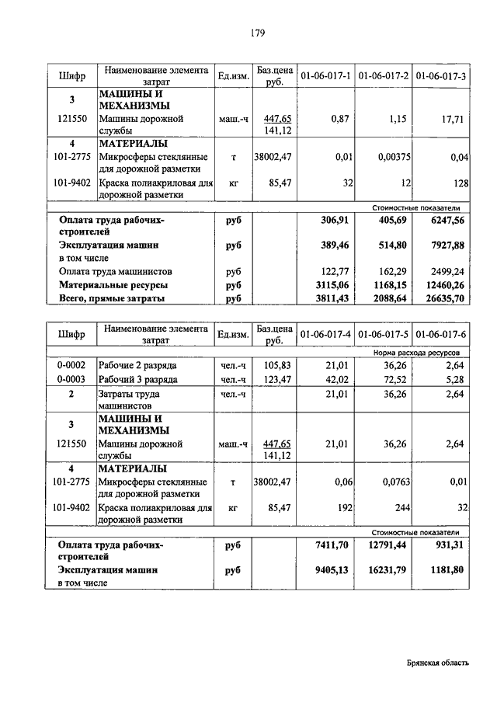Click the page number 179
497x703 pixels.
pos(259,33)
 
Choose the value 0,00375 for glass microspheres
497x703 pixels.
pos(394,157)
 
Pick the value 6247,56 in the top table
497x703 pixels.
pos(446,220)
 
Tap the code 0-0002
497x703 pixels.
pos(71,365)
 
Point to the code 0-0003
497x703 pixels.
pos(71,379)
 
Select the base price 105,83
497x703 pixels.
pos(276,365)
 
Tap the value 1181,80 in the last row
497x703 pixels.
pos(448,569)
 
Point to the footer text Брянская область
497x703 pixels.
pos(437,662)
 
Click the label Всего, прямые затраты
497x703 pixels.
pos(113,298)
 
